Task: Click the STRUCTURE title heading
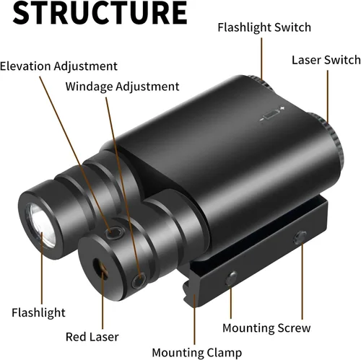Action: coord(100,12)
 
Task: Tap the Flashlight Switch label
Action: coord(264,27)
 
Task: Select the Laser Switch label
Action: coord(326,60)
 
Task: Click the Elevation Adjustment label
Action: coord(58,66)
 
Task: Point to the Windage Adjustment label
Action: coord(122,87)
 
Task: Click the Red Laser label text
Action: coord(92,337)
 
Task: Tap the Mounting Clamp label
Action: coord(197,353)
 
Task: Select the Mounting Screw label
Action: coord(266,328)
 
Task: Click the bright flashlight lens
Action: coord(41,225)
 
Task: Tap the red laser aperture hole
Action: coord(100,269)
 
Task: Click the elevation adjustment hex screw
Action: coord(114,233)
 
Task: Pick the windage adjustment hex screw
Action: coord(139,281)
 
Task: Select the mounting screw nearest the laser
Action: coord(231,278)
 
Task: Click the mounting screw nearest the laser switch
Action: coord(300,238)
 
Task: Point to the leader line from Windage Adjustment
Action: coord(123,188)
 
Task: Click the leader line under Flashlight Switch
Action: coord(261,58)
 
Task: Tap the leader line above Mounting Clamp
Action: coord(194,319)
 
